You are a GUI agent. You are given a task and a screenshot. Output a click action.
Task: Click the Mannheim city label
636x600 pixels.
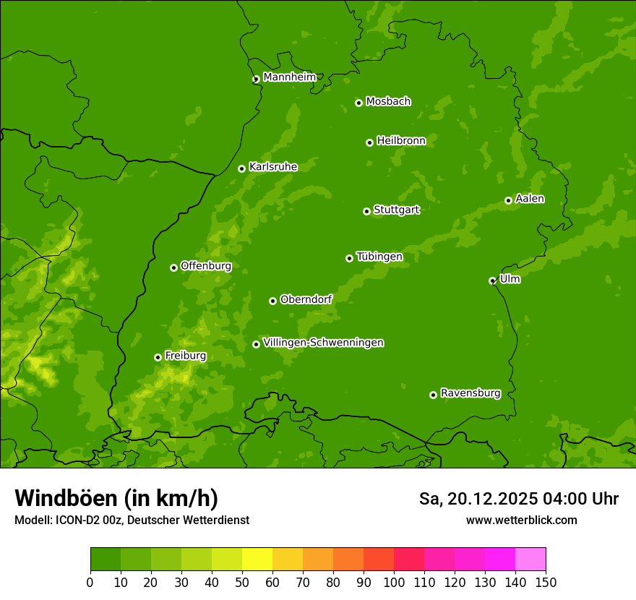point(289,77)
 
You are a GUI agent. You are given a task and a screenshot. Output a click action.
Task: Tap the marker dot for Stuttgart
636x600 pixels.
point(366,211)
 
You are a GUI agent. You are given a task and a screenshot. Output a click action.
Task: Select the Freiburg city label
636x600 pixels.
point(185,356)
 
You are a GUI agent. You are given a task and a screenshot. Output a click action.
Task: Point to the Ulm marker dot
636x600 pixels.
point(492,280)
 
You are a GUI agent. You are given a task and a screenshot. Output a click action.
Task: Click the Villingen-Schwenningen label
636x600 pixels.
point(323,343)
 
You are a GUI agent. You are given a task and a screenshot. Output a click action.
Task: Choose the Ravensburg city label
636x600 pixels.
point(470,393)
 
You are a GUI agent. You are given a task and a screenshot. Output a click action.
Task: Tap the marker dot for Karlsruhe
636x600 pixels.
point(241,168)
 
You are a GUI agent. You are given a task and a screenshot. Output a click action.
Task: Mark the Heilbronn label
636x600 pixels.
point(401,141)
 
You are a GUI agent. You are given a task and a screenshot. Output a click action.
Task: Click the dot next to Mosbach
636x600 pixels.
point(358,103)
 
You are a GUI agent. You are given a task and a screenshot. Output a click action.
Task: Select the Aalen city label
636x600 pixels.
point(530,199)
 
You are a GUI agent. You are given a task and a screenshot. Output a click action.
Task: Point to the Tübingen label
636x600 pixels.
point(379,257)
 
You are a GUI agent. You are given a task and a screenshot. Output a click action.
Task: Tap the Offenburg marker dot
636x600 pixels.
point(173,267)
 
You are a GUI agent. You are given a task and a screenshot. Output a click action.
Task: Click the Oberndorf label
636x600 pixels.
point(306,299)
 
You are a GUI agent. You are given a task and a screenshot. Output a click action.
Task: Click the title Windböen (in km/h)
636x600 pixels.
point(116,498)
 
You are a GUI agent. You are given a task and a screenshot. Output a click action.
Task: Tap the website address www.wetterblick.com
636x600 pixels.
point(521,520)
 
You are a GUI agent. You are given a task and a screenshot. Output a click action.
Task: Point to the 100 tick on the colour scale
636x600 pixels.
point(394,581)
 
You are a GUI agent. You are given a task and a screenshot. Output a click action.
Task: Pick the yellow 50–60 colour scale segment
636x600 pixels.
point(257,560)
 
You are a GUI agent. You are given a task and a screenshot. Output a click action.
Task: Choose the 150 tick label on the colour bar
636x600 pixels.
point(546,581)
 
